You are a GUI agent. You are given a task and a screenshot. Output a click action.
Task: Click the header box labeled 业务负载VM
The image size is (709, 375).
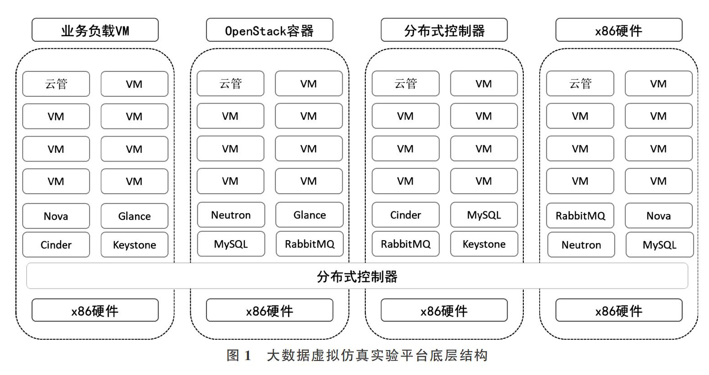[95, 30]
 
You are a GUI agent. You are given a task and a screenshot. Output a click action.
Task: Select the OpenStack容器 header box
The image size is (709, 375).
[269, 30]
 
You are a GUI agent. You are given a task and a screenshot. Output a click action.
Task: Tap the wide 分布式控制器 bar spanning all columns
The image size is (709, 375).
[357, 276]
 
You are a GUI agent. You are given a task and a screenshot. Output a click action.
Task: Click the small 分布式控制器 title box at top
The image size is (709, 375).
[444, 30]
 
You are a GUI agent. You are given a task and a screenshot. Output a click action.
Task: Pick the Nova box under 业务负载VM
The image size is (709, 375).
[56, 216]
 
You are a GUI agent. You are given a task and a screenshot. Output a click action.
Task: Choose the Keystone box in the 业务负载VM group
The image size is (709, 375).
[134, 245]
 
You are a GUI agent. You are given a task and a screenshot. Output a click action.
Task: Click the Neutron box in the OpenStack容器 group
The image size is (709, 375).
[231, 215]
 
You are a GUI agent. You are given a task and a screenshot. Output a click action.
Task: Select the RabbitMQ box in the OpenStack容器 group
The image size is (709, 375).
[310, 244]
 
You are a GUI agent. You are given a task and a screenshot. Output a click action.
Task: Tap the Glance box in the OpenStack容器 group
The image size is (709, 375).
[310, 215]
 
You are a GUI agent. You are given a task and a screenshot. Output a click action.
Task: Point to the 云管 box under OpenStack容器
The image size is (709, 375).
[230, 84]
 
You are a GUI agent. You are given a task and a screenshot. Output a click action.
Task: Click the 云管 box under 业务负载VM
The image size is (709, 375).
[56, 84]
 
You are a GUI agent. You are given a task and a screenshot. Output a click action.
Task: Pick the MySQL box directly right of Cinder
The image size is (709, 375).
[484, 215]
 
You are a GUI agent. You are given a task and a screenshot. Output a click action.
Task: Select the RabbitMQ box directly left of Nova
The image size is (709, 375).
[580, 216]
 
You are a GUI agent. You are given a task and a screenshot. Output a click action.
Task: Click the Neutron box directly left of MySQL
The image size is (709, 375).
[581, 245]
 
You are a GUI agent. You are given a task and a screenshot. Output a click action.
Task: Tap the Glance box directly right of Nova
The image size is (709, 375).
[134, 216]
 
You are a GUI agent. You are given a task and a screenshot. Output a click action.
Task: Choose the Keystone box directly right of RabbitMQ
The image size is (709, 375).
[484, 244]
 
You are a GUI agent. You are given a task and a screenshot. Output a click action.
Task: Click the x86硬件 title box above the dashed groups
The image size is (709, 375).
[619, 30]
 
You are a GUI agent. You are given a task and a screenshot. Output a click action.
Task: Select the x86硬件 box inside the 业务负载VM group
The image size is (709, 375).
[95, 310]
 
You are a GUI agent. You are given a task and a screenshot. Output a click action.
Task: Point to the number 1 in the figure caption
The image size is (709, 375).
[248, 356]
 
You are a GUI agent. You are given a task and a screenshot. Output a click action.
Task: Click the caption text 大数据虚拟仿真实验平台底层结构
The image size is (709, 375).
[377, 356]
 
